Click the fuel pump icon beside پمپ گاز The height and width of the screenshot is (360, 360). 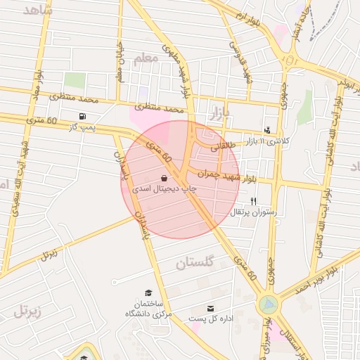pyautogui.click(x=84, y=115)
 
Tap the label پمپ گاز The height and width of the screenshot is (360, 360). pyautogui.click(x=81, y=127)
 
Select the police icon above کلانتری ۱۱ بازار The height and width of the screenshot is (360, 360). pyautogui.click(x=267, y=130)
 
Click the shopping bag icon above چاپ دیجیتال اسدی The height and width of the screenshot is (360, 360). pyautogui.click(x=165, y=178)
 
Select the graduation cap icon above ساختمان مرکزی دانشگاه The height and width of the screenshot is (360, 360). pyautogui.click(x=148, y=292)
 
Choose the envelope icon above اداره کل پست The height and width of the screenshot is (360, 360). pyautogui.click(x=210, y=308)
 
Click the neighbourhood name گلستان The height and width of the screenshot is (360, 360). pyautogui.click(x=193, y=264)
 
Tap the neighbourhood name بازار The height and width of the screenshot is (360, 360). pyautogui.click(x=219, y=113)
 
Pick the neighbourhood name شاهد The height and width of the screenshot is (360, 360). pyautogui.click(x=38, y=10)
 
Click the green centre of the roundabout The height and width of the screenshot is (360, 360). pyautogui.click(x=269, y=304)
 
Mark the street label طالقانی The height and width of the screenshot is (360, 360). pyautogui.click(x=221, y=144)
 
